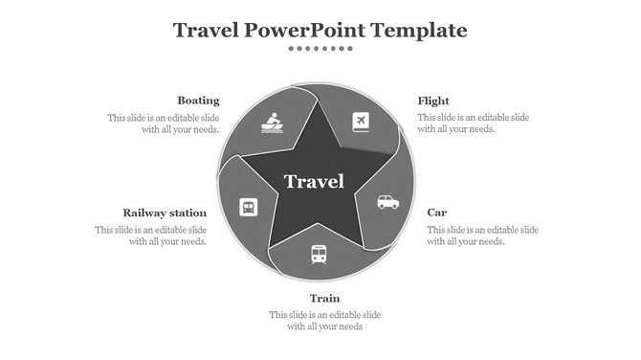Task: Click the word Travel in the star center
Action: pyautogui.click(x=314, y=182)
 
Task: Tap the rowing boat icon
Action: pyautogui.click(x=272, y=124)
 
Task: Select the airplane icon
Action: pyautogui.click(x=361, y=122)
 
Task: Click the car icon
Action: pyautogui.click(x=387, y=202)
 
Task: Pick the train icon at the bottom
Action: pyautogui.click(x=319, y=254)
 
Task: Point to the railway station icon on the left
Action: pyautogui.click(x=248, y=207)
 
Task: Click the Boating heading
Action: pyautogui.click(x=198, y=101)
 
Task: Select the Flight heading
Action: pyautogui.click(x=433, y=101)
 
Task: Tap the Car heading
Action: pyautogui.click(x=436, y=213)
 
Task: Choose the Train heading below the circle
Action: pyautogui.click(x=324, y=298)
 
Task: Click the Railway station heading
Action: pyautogui.click(x=165, y=213)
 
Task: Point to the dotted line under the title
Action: pyautogui.click(x=320, y=48)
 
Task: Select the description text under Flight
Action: pyautogui.click(x=473, y=124)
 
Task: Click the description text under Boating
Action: pyautogui.click(x=164, y=124)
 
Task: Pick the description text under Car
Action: pyautogui.click(x=482, y=236)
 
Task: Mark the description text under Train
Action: pyautogui.click(x=324, y=321)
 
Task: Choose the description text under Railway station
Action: pyautogui.click(x=151, y=236)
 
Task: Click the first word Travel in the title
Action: pyautogui.click(x=206, y=31)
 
